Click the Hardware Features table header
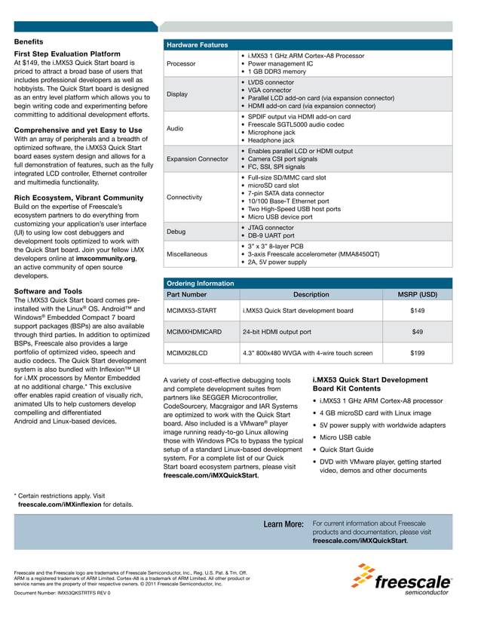coord(197,45)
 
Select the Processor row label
coord(182,63)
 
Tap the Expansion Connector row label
coord(197,159)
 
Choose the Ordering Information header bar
coord(201,283)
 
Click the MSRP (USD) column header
coord(417,294)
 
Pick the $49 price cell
coord(417,331)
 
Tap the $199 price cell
coord(417,352)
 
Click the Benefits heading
coord(29,41)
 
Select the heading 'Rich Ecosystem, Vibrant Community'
coord(78,198)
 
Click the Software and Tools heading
coord(48,290)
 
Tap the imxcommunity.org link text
coord(106,258)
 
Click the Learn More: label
coord(283,524)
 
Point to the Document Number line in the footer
coord(62,593)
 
